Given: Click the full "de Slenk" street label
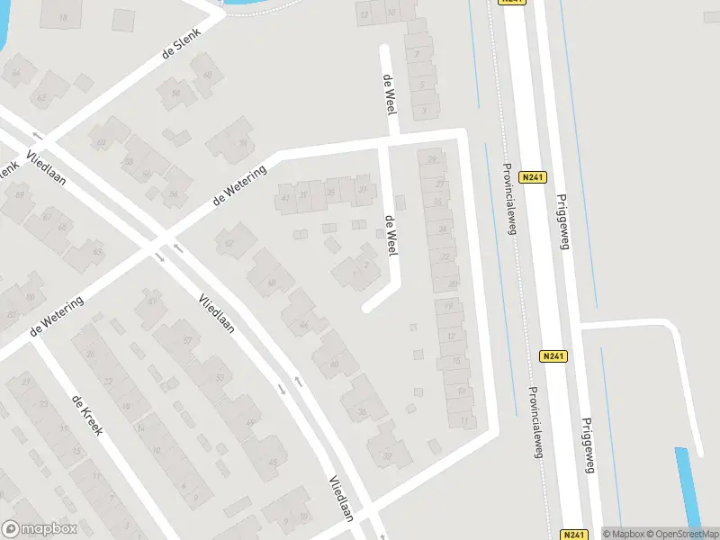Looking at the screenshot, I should pyautogui.click(x=181, y=41).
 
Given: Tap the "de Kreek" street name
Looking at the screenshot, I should pyautogui.click(x=87, y=414).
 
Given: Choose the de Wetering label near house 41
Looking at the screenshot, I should pyautogui.click(x=240, y=184).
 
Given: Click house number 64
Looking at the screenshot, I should pyautogui.click(x=207, y=75).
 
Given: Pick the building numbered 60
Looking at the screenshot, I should pyautogui.click(x=101, y=142).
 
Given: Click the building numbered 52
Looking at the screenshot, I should pyautogui.click(x=229, y=242).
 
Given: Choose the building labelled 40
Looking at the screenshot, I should pyautogui.click(x=334, y=364).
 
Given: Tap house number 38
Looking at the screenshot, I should pyautogui.click(x=362, y=412).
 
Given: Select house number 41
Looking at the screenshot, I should pyautogui.click(x=286, y=198).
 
